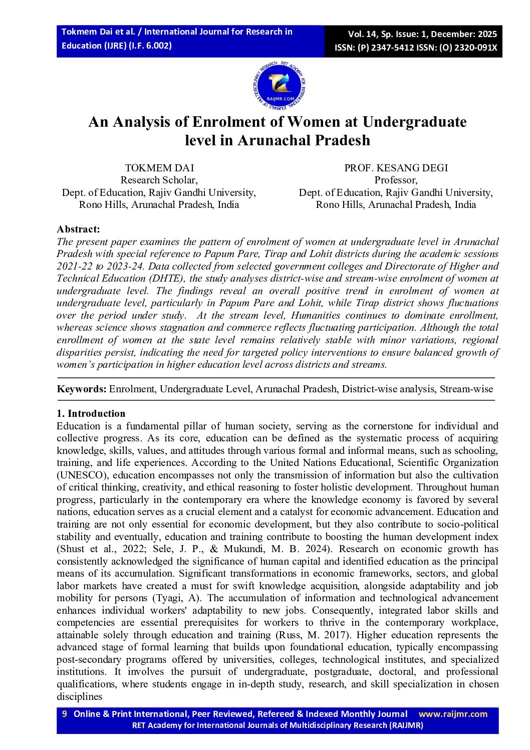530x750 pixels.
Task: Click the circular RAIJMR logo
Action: (x=280, y=86)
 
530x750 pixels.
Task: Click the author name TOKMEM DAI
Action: (x=159, y=168)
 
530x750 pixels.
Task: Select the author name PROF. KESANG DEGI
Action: (x=396, y=168)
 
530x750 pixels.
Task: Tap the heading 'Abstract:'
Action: (x=78, y=229)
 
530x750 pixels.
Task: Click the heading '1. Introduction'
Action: (x=91, y=413)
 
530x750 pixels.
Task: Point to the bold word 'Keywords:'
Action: (x=81, y=389)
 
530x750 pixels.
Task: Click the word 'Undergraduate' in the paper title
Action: (x=414, y=122)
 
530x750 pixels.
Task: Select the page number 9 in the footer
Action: (x=64, y=714)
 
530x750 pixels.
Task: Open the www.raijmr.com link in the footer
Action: (x=452, y=714)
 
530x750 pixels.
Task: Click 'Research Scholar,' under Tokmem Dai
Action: (x=159, y=180)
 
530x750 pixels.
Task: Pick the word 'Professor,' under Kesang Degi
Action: (x=396, y=180)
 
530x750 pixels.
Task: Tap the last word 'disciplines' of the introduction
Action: (x=79, y=696)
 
